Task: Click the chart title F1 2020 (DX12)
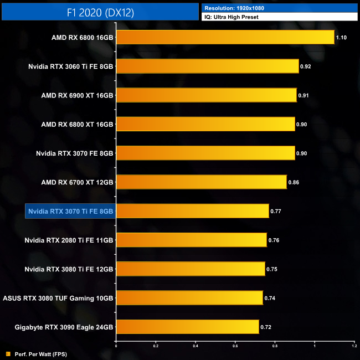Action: point(100,12)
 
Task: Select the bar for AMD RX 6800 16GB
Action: point(225,37)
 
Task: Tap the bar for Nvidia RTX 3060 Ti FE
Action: point(207,66)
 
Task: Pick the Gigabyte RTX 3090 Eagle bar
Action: point(187,327)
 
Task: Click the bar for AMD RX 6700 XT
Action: point(201,182)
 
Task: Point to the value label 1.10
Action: point(341,38)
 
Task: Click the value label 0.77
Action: point(276,211)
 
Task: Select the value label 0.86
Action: point(294,182)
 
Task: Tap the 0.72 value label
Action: point(266,327)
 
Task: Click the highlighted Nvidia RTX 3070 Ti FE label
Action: point(70,211)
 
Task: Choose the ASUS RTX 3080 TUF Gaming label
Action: point(58,298)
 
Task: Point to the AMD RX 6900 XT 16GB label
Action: point(77,95)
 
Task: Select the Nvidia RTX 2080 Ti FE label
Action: point(69,240)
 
